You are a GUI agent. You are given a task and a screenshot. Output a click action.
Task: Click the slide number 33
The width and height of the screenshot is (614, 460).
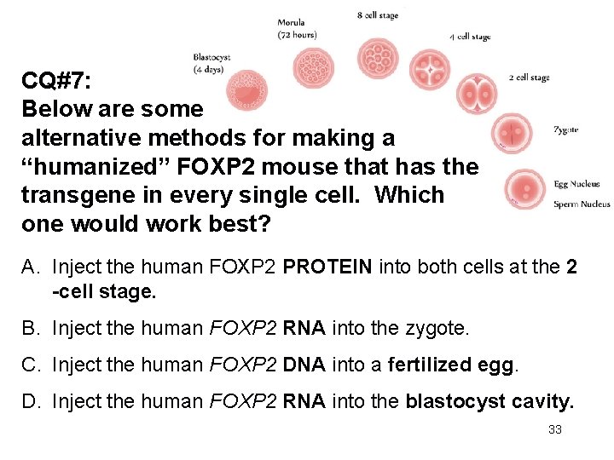pyautogui.click(x=555, y=429)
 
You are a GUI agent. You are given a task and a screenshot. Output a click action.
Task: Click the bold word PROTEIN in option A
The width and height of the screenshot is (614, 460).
pyautogui.click(x=327, y=267)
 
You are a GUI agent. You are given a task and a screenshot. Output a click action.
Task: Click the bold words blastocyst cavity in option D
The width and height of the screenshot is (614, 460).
pyautogui.click(x=489, y=402)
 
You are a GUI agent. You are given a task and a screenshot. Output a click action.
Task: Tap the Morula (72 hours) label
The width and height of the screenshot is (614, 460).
pyautogui.click(x=298, y=28)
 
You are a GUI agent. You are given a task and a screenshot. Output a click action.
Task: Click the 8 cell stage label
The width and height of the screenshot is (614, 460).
pyautogui.click(x=377, y=15)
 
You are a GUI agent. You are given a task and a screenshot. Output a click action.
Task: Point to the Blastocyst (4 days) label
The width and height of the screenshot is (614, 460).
pyautogui.click(x=212, y=63)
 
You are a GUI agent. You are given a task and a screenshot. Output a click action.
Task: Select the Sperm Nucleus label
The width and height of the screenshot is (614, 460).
pyautogui.click(x=582, y=204)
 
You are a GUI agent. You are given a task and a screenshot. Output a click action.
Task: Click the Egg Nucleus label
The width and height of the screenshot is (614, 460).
pyautogui.click(x=576, y=183)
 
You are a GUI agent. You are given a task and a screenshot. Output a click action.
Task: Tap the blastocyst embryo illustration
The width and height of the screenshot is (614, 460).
pyautogui.click(x=247, y=89)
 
